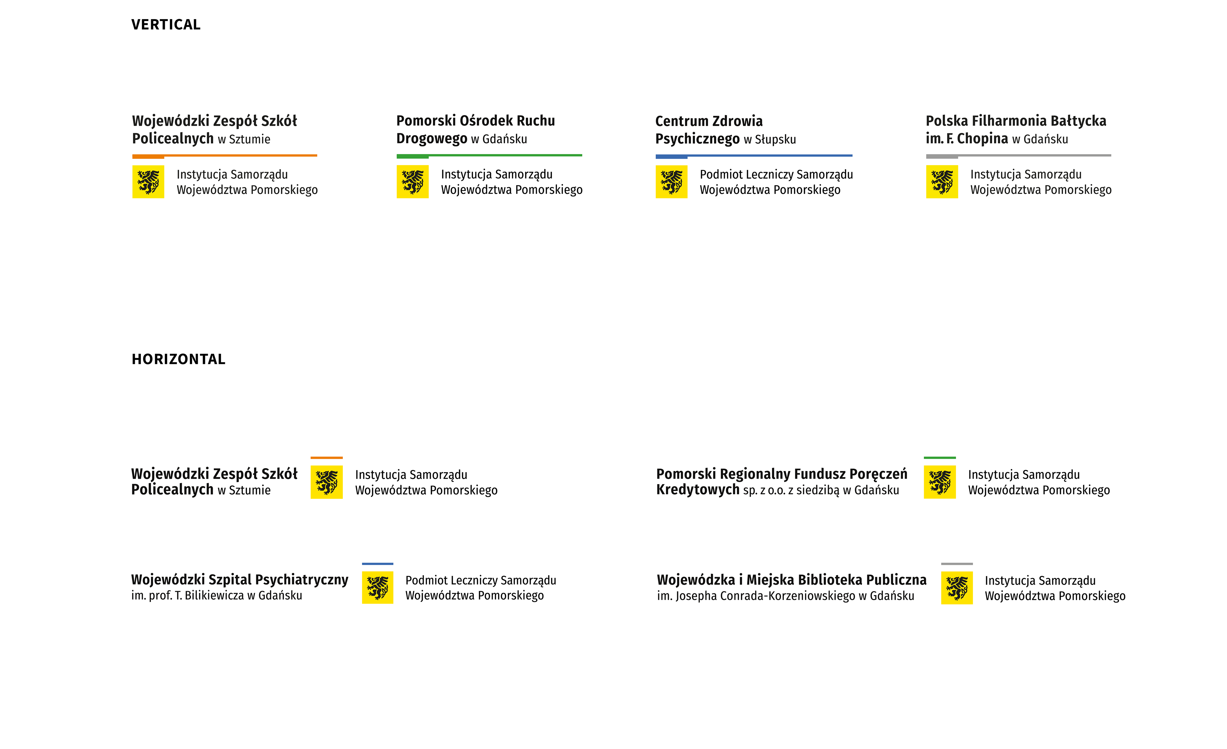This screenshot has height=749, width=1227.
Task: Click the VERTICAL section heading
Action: tap(166, 24)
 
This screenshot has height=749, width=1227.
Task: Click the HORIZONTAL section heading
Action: tap(178, 359)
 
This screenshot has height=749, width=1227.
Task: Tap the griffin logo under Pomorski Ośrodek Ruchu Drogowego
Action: tap(412, 182)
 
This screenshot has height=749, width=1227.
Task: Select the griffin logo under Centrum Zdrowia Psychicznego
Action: tap(671, 182)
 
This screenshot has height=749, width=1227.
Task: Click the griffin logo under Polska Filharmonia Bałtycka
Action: tap(942, 182)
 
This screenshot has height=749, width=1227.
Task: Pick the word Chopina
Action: tap(983, 138)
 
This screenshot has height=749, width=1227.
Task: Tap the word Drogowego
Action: tap(432, 138)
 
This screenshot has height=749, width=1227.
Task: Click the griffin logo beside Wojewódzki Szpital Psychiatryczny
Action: tap(377, 588)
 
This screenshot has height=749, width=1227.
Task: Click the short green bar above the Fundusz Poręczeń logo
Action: tap(940, 458)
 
